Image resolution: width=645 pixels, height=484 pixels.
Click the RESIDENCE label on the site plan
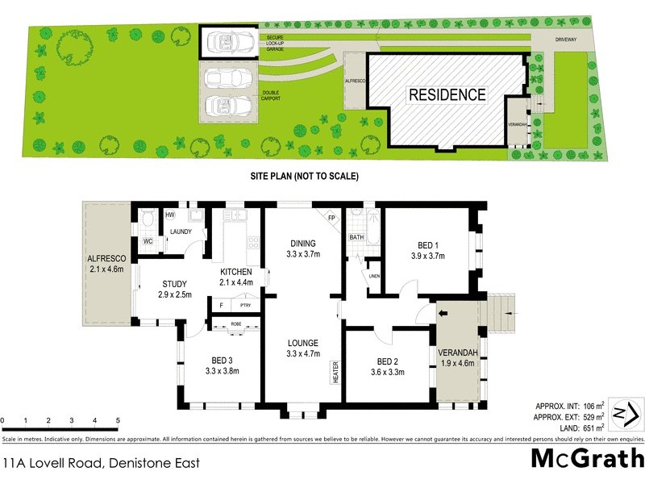447,94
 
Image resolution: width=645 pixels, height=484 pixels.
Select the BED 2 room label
386,361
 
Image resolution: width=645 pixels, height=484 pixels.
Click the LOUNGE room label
302,342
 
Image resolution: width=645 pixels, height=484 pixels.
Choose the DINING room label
302,244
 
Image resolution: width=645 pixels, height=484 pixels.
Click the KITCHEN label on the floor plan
236,272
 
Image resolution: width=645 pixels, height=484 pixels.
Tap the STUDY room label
174,284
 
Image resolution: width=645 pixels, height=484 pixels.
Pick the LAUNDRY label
181,232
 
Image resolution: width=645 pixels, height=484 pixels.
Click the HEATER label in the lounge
334,372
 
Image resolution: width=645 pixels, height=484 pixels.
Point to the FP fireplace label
331,218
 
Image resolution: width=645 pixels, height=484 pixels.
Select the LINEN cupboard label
374,277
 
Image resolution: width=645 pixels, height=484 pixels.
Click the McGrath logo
587,458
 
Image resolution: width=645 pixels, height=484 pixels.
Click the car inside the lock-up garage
228,40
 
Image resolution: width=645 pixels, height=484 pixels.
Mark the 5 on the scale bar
118,421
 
